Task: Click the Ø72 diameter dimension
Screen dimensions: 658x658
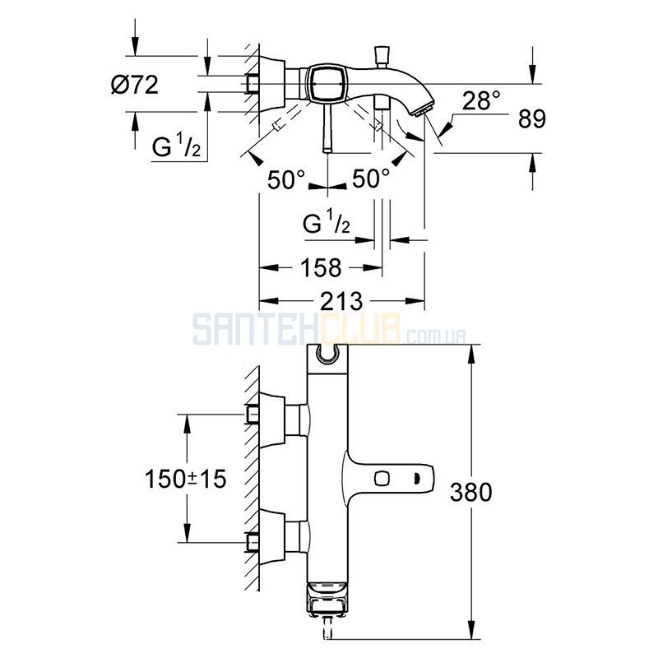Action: pos(135,86)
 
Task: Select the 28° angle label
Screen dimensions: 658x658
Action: pos(481,101)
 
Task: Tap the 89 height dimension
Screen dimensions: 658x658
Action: pos(531,118)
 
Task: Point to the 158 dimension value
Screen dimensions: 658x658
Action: pos(321,268)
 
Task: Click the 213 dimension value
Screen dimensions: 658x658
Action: pos(341,301)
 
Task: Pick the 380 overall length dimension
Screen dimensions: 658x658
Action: pos(470,492)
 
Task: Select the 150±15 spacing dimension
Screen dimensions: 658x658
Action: pos(186,479)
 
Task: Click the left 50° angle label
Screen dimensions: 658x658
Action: pos(286,179)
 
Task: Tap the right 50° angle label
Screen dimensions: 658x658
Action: pos(371,178)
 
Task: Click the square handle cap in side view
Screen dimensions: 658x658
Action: pos(327,84)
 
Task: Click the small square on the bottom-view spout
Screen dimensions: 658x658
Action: pos(382,479)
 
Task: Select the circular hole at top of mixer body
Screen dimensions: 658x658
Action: pos(327,355)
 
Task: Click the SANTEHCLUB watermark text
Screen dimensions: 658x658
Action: pos(330,330)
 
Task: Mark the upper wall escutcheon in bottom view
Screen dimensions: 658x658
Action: pos(272,419)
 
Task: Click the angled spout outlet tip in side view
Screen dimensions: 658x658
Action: pos(420,111)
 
